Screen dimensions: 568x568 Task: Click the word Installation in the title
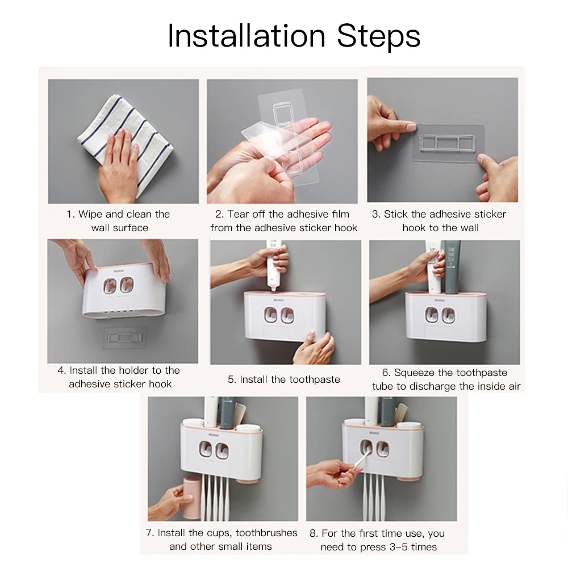coord(247,36)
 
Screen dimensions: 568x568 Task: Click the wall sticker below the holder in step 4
coord(125,338)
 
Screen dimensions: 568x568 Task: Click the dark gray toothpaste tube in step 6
coord(453,266)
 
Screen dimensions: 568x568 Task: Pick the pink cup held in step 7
coord(191,498)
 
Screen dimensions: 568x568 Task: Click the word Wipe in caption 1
coord(90,214)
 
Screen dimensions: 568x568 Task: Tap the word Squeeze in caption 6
coord(415,373)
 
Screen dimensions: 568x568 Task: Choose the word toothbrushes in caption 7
coord(266,533)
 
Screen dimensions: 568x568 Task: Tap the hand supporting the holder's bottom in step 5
coord(314,348)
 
